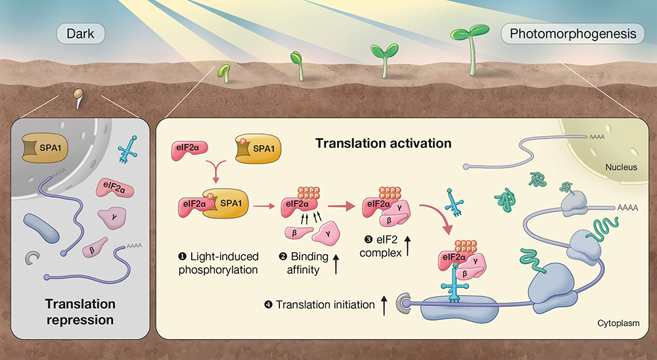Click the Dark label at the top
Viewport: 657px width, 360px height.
coord(81,33)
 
